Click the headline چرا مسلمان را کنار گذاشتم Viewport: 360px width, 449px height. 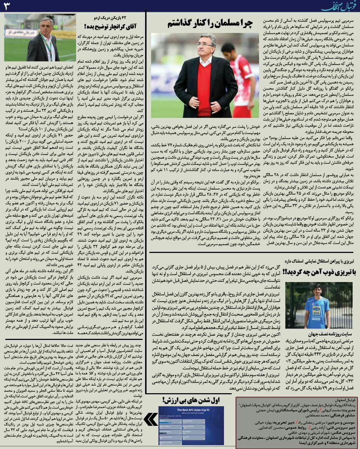[210, 23]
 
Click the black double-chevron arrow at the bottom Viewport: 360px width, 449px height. [151, 420]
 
